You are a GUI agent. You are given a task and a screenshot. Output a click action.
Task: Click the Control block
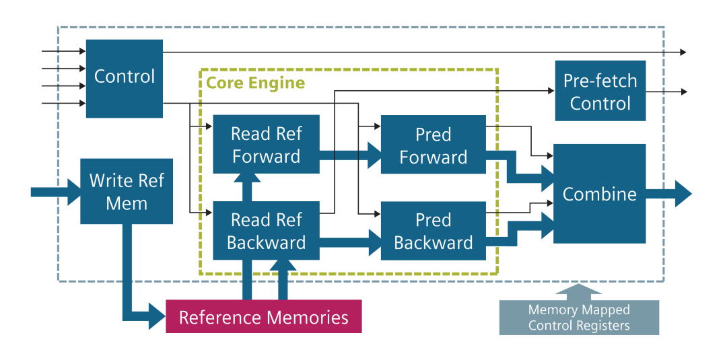[x=125, y=78]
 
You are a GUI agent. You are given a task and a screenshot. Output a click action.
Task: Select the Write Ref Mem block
[x=127, y=191]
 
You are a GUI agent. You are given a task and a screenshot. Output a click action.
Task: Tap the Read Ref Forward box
[x=266, y=144]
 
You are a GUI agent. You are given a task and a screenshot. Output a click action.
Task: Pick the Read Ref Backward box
[x=266, y=231]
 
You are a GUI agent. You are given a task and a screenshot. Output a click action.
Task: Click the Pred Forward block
[x=433, y=144]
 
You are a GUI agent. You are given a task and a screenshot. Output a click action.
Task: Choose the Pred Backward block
[x=433, y=231]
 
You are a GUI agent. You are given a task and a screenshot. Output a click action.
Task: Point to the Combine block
[x=600, y=194]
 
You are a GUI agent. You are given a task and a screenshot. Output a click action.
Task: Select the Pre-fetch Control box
[x=600, y=91]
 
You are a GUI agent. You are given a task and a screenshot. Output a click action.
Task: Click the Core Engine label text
[x=256, y=83]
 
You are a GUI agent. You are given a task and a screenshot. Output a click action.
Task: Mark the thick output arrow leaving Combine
[x=668, y=194]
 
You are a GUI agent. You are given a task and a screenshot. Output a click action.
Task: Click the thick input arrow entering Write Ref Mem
[x=56, y=192]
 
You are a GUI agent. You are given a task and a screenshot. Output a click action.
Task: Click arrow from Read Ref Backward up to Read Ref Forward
[x=246, y=187]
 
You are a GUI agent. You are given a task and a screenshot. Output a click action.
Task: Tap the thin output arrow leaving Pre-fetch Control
[x=666, y=92]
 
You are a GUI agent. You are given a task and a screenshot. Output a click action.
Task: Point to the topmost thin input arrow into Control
[x=64, y=51]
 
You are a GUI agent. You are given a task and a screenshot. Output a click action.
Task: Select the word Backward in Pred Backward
[x=434, y=242]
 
